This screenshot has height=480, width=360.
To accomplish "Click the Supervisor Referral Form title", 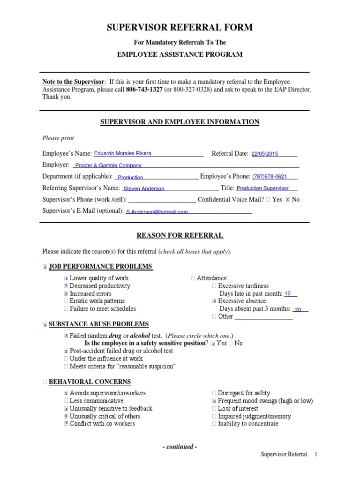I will click(x=180, y=28).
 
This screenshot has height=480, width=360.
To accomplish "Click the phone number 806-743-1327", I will click(x=143, y=90).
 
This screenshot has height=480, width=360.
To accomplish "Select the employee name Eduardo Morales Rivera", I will click(x=123, y=153).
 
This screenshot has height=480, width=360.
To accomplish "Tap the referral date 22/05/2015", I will click(x=265, y=154).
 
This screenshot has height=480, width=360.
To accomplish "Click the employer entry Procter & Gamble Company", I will click(x=108, y=165).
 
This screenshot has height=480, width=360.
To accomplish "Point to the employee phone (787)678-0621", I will click(x=270, y=177).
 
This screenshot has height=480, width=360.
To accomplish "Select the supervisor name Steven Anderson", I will click(x=143, y=189).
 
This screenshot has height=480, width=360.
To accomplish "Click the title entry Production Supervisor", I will click(x=262, y=188).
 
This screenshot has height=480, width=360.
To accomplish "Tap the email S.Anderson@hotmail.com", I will click(x=157, y=212).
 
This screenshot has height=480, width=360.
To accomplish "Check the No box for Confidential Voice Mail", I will click(x=287, y=200).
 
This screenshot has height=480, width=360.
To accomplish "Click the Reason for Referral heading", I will click(x=180, y=235).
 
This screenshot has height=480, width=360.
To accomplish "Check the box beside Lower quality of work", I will click(x=66, y=278).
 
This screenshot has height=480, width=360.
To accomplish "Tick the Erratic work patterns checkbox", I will click(x=66, y=301).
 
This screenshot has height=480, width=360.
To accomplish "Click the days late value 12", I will click(x=288, y=294).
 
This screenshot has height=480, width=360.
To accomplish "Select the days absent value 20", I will click(x=298, y=309).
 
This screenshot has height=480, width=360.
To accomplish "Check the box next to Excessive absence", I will click(x=214, y=301).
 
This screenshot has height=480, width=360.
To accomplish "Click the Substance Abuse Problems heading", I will click(x=98, y=324).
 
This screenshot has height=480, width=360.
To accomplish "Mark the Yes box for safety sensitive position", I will click(x=213, y=343).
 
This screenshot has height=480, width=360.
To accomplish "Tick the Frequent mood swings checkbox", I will click(x=214, y=401).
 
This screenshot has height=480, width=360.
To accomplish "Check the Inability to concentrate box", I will click(x=214, y=424).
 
